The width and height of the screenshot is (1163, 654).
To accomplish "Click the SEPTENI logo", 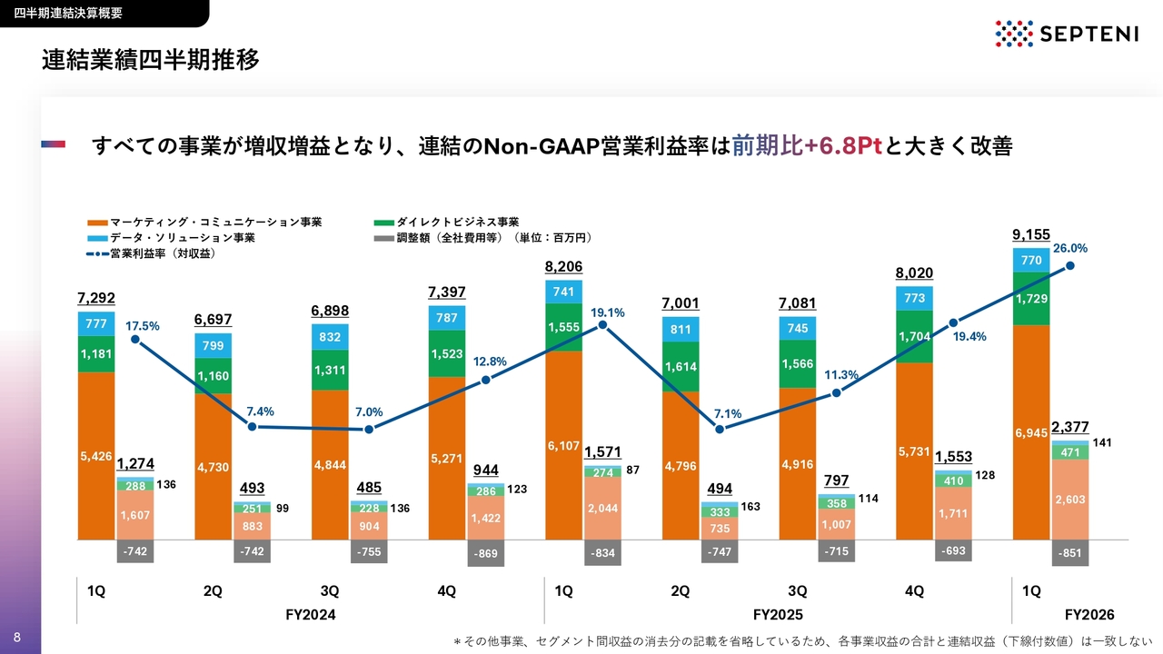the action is [x=1067, y=34].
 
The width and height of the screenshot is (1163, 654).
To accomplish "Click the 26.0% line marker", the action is [x=1070, y=266].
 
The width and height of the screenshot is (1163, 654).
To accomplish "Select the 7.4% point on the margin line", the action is [x=252, y=427].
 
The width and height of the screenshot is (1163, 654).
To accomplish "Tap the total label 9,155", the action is [x=1031, y=234].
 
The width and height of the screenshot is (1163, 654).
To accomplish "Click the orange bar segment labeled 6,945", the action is [x=1031, y=432].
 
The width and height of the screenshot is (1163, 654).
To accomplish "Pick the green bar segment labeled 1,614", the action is [x=681, y=366].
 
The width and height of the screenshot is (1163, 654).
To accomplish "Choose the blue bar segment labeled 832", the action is [x=330, y=337].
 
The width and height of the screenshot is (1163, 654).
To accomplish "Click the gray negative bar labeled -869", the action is [x=485, y=553].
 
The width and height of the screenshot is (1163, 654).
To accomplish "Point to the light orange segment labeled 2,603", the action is [x=1070, y=500].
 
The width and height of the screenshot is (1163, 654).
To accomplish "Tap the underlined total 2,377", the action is [x=1070, y=427].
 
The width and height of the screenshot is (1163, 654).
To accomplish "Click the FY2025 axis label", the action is [x=778, y=615].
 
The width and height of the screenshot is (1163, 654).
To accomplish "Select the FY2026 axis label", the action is [x=1089, y=615].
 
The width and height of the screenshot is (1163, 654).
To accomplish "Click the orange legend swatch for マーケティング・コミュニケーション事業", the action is [x=97, y=223].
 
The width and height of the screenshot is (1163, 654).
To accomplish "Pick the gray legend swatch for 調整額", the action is [x=383, y=239].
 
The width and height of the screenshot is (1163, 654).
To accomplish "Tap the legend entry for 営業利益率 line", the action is [x=151, y=253].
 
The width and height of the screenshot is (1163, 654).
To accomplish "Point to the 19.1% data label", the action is [x=608, y=313].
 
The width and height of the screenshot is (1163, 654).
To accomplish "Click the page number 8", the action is [x=17, y=638].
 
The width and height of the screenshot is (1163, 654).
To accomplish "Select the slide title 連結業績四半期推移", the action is [x=151, y=60].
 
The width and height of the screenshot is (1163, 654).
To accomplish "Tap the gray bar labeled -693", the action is [x=953, y=550].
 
